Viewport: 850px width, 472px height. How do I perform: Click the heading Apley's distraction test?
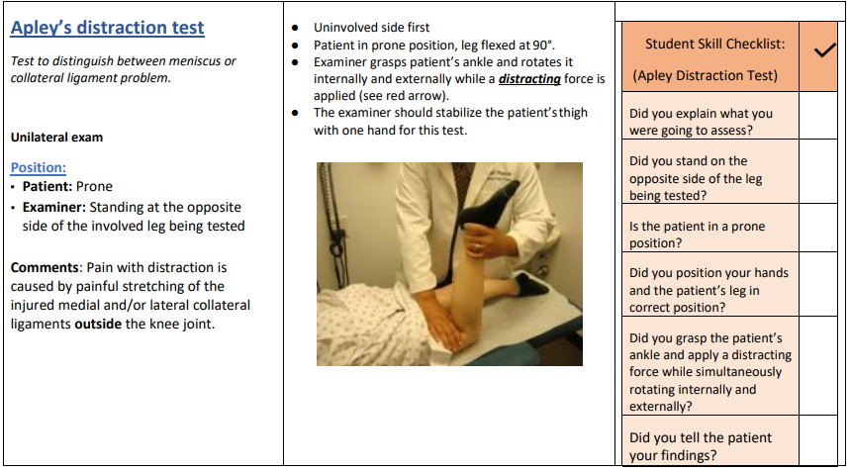click(x=107, y=28)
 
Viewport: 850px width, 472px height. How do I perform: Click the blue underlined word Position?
click(x=39, y=167)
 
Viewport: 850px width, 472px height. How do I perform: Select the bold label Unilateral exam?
click(x=56, y=137)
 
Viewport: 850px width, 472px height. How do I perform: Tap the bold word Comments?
click(x=45, y=268)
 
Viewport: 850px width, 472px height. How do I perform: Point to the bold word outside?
click(x=98, y=323)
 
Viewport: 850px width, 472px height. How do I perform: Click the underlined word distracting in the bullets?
click(x=529, y=79)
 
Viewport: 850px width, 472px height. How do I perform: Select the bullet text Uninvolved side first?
click(x=371, y=28)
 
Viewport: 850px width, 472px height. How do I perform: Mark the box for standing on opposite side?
click(x=817, y=170)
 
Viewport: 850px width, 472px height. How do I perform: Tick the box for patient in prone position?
click(x=817, y=227)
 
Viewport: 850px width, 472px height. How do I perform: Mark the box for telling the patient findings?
click(x=817, y=440)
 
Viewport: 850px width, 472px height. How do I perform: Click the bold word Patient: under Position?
click(x=49, y=186)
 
